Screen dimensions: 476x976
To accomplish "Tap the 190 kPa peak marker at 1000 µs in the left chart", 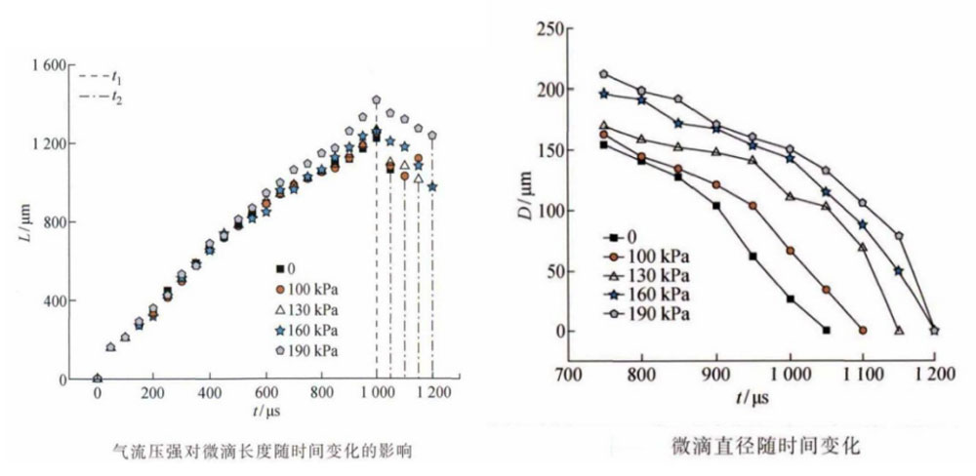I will (376, 99).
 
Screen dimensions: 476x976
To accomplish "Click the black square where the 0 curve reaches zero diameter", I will (827, 331).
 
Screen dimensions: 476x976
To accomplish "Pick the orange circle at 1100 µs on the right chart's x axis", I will (863, 331).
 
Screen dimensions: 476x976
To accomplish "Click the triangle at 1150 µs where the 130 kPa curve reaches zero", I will (899, 331).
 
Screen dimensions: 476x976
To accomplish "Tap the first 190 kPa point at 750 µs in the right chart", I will (603, 74).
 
